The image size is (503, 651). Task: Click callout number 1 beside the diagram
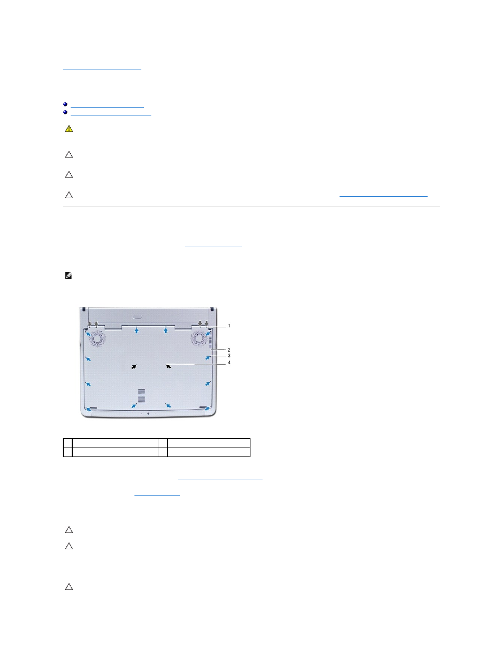pos(229,326)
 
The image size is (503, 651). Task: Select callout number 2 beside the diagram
pos(229,349)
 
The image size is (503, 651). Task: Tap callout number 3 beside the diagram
pos(229,356)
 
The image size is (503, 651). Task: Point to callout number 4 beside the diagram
pos(229,363)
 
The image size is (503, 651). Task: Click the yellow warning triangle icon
pos(69,129)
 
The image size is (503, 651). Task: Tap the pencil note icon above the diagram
pos(69,275)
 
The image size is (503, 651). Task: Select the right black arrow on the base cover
pos(168,366)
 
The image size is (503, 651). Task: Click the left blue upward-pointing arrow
pos(137,330)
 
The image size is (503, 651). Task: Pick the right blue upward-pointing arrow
pos(166,330)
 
